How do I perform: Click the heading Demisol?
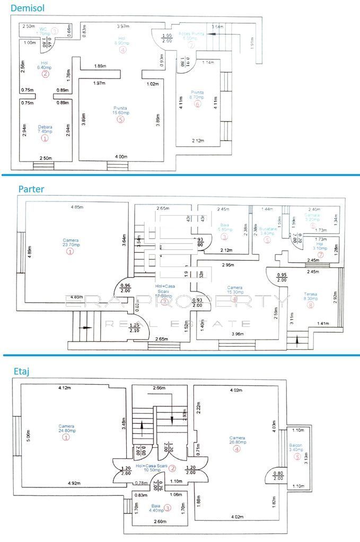28,8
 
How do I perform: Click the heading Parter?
31,189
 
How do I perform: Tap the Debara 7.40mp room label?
45,130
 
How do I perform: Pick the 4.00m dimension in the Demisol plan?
121,156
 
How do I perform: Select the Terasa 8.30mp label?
310,297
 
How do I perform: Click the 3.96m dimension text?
237,334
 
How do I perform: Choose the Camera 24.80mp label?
66,429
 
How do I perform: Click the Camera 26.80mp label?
237,441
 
